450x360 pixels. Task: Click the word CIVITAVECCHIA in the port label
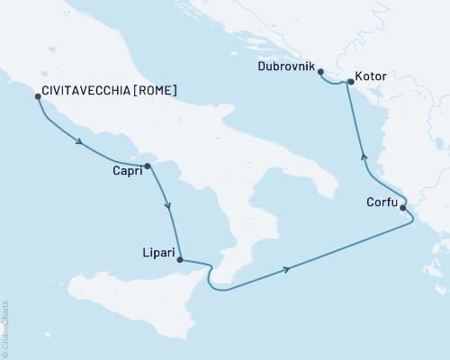point(86,91)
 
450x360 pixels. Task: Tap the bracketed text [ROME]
point(154,91)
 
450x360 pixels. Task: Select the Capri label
point(127,172)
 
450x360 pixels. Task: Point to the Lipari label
point(161,255)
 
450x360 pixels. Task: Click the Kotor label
point(371,76)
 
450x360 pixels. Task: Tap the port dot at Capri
point(148,166)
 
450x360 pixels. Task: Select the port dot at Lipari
point(182,260)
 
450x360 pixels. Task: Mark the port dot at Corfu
point(403,208)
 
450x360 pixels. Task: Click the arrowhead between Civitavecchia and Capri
point(81,142)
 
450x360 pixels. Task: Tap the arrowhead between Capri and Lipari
point(168,206)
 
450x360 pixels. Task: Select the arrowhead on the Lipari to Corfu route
point(286,268)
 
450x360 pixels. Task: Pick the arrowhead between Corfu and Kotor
point(364,155)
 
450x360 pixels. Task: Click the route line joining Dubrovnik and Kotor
point(335,84)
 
